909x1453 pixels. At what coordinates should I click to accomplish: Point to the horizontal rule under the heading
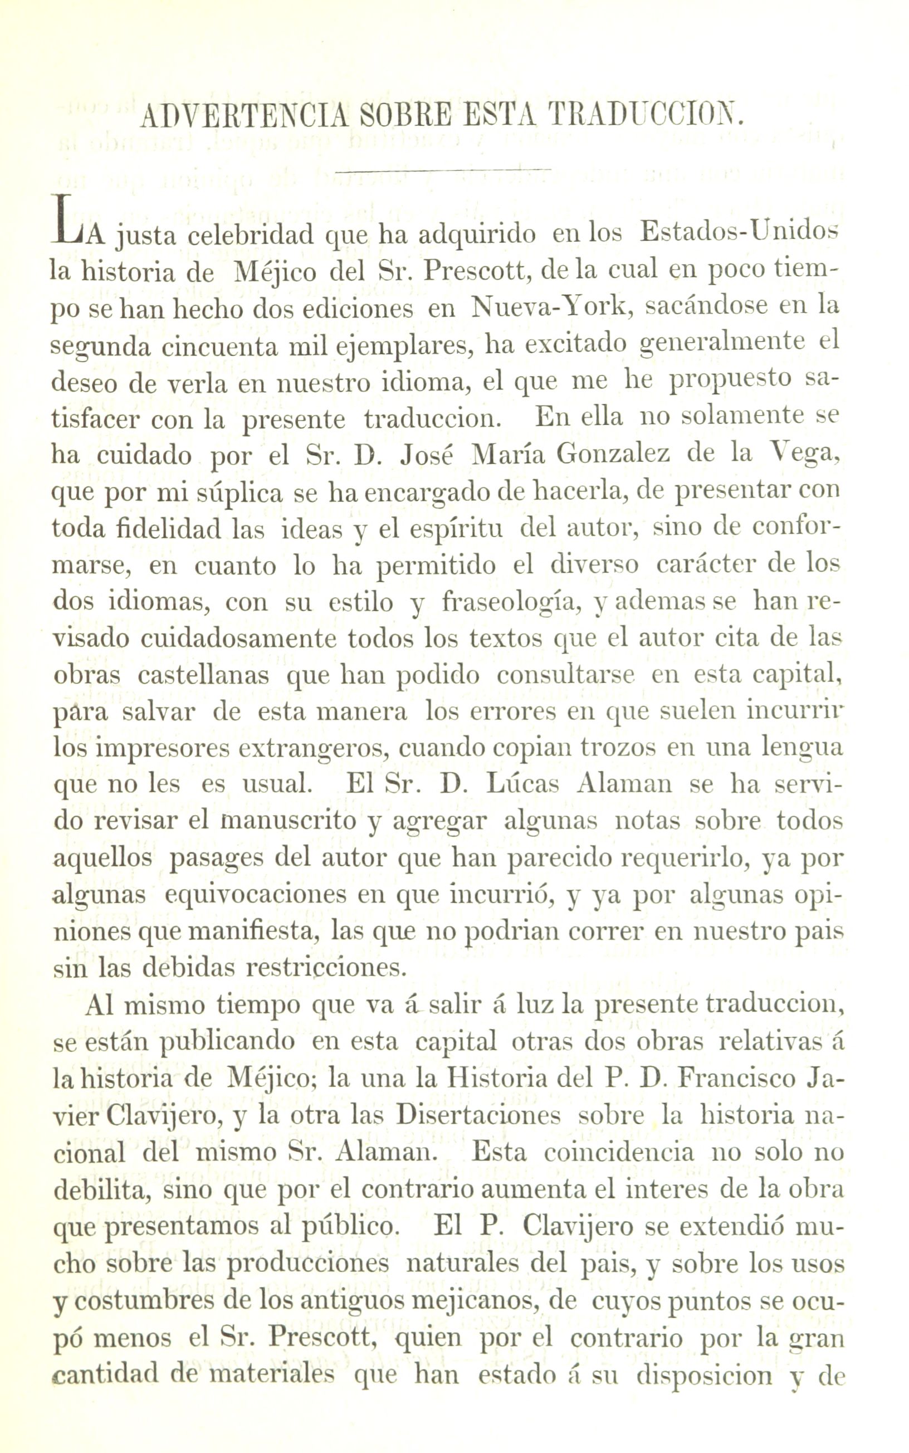443,170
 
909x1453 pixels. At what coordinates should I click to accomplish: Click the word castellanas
203,676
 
